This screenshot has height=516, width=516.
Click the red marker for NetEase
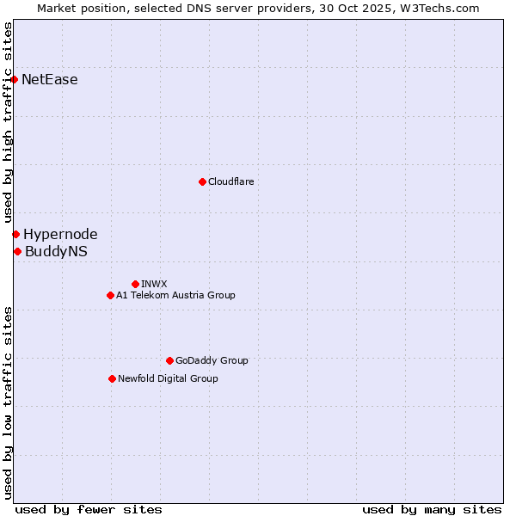(15, 80)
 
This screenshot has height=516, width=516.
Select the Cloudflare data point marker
(202, 181)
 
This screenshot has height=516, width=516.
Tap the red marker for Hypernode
(15, 234)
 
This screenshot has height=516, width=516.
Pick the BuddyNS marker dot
(17, 251)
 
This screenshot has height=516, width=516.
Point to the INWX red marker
(135, 284)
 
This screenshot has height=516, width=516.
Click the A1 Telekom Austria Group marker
(110, 295)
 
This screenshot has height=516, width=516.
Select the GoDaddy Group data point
(169, 360)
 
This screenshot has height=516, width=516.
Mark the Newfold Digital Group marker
(112, 378)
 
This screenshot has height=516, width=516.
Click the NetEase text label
(50, 80)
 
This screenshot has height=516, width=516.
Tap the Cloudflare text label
(231, 181)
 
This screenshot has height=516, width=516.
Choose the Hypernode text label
(60, 234)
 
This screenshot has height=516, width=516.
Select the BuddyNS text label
(56, 251)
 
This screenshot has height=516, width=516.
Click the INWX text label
(154, 284)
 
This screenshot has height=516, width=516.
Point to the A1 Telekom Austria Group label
(175, 295)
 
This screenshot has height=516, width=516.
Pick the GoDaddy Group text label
(212, 360)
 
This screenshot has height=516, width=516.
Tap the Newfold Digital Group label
(168, 378)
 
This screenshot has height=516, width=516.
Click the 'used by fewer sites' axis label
(89, 509)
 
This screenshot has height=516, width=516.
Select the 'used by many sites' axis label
(432, 509)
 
